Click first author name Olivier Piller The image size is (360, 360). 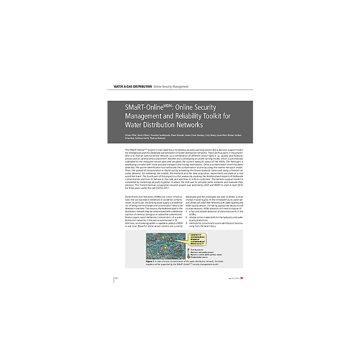(x=131, y=135)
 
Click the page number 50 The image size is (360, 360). (x=117, y=278)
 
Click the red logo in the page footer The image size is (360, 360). (x=242, y=278)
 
